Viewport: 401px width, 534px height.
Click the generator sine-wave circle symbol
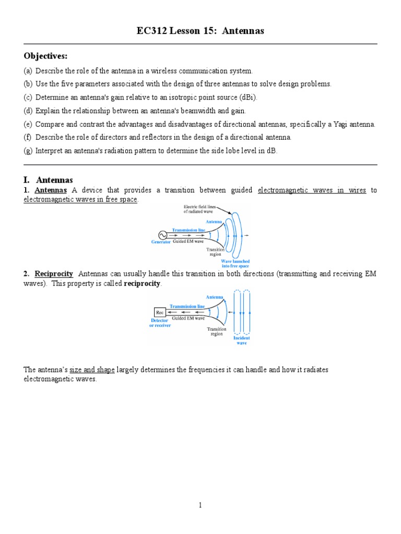(156, 235)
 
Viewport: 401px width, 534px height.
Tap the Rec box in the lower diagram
(160, 312)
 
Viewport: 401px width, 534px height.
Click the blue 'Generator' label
(161, 242)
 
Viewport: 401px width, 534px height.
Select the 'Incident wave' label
(242, 340)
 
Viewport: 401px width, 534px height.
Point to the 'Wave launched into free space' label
(235, 263)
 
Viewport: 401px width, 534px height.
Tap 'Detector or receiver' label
(160, 323)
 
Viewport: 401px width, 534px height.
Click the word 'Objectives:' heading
(45, 56)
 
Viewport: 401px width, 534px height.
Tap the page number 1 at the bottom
(200, 505)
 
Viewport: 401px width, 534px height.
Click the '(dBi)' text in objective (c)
(247, 98)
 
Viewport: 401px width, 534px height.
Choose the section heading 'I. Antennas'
(48, 180)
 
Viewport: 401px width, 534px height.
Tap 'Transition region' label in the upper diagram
(216, 252)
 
